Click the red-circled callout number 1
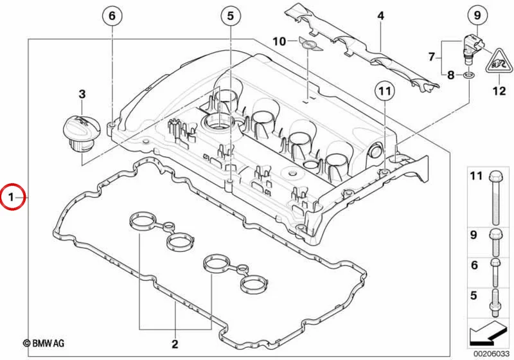point(12,197)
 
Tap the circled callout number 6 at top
point(112,15)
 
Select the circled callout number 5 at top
point(231,15)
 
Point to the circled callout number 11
point(385,91)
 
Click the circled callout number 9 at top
point(477,15)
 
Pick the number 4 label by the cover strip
point(380,15)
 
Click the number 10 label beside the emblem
point(279,42)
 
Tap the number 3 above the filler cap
point(82,94)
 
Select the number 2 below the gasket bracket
point(175,344)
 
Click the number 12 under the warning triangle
point(499,91)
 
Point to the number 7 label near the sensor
point(432,57)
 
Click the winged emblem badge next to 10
point(308,44)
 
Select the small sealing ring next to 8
point(468,76)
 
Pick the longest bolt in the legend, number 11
point(495,198)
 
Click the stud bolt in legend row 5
point(495,303)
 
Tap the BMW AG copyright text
point(44,343)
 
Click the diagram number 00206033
point(492,354)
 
